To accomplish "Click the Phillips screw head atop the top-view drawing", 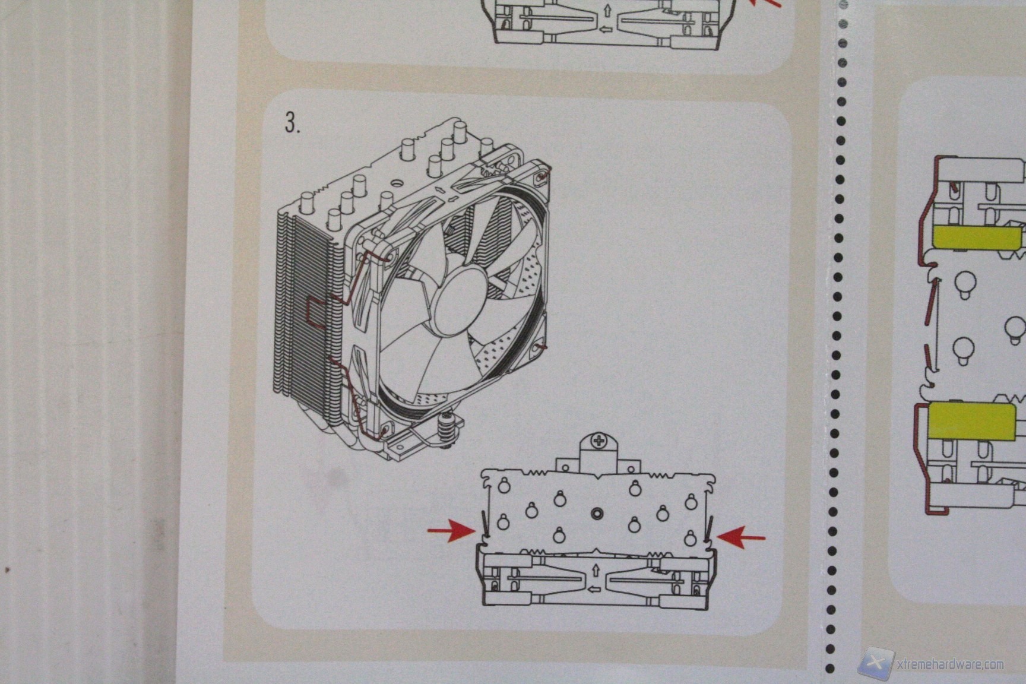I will [x=598, y=442].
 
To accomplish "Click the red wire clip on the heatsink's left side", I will [x=313, y=309].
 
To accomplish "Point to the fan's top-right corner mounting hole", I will [x=541, y=176].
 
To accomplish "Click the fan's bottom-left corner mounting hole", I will [x=384, y=425].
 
